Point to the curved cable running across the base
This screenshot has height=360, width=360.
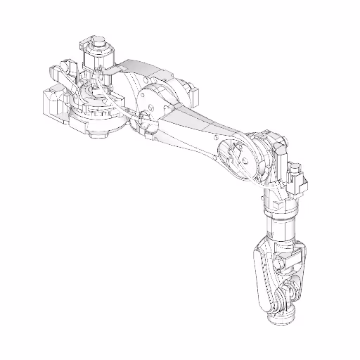116,105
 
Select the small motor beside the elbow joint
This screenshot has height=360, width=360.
296,180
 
